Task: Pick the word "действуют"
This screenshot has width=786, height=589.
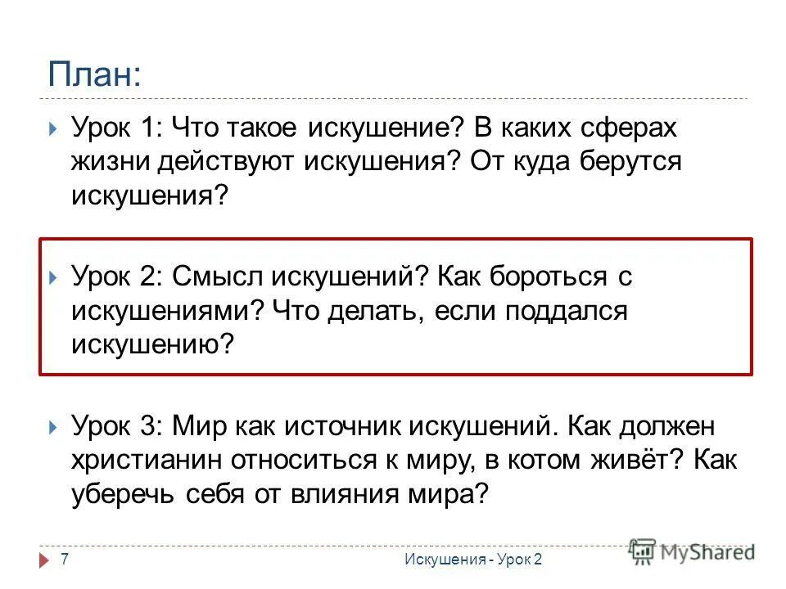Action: coord(225,161)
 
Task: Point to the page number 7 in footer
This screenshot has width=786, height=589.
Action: coord(64,558)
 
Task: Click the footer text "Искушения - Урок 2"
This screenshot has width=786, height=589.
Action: coord(472,558)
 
